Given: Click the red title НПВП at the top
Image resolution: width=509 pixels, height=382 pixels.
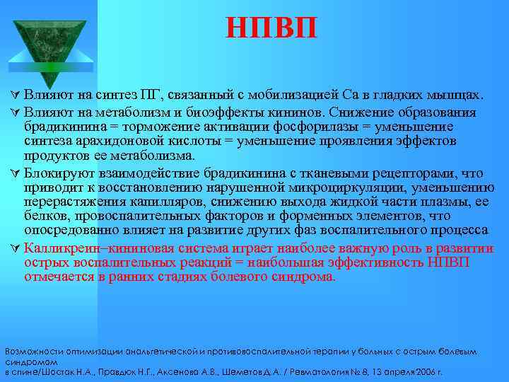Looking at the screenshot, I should pos(272,28).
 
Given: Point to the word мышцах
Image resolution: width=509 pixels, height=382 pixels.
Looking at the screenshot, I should pos(457,95).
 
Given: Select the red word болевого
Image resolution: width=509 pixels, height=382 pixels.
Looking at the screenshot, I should pos(240,277).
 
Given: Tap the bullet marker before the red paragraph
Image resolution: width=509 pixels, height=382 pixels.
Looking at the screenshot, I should pos(16,248).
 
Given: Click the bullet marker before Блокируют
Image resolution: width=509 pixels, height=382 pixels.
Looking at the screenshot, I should pos(16,173).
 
